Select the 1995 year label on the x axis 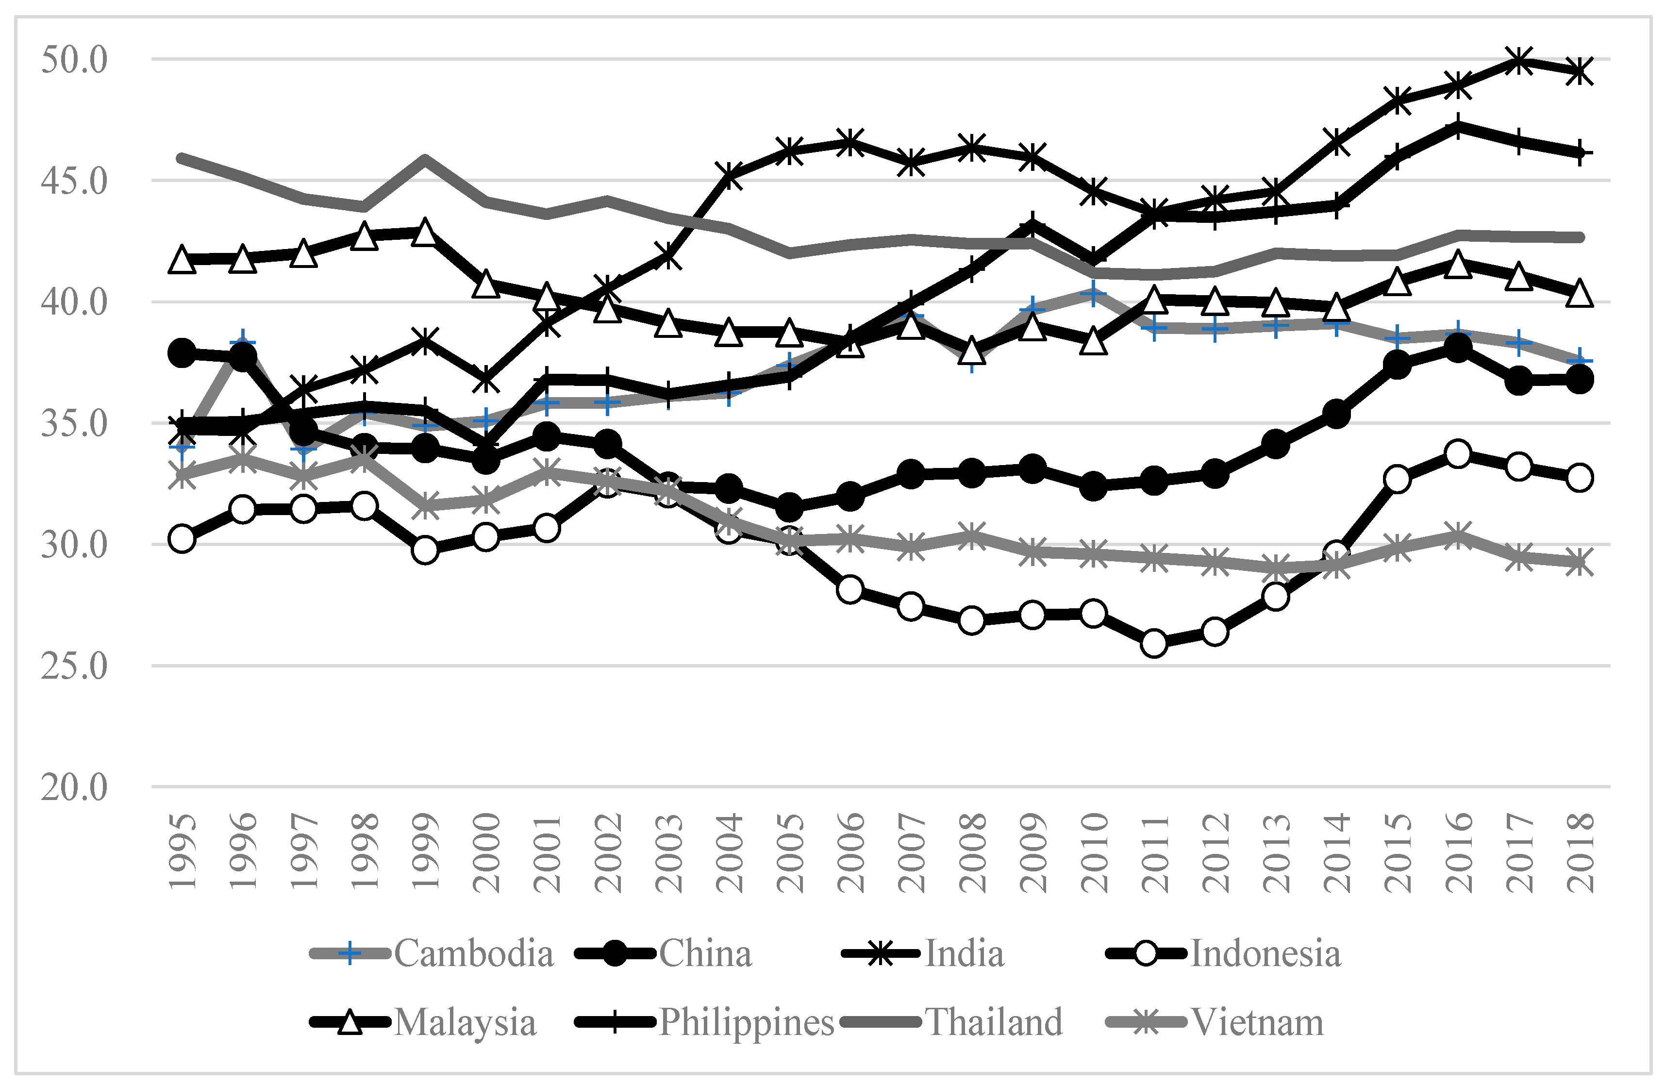click(183, 851)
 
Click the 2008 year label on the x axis click(972, 851)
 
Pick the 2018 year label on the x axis click(1581, 851)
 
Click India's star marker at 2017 click(1519, 61)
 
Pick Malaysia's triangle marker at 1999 click(425, 233)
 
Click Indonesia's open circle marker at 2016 click(1458, 454)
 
